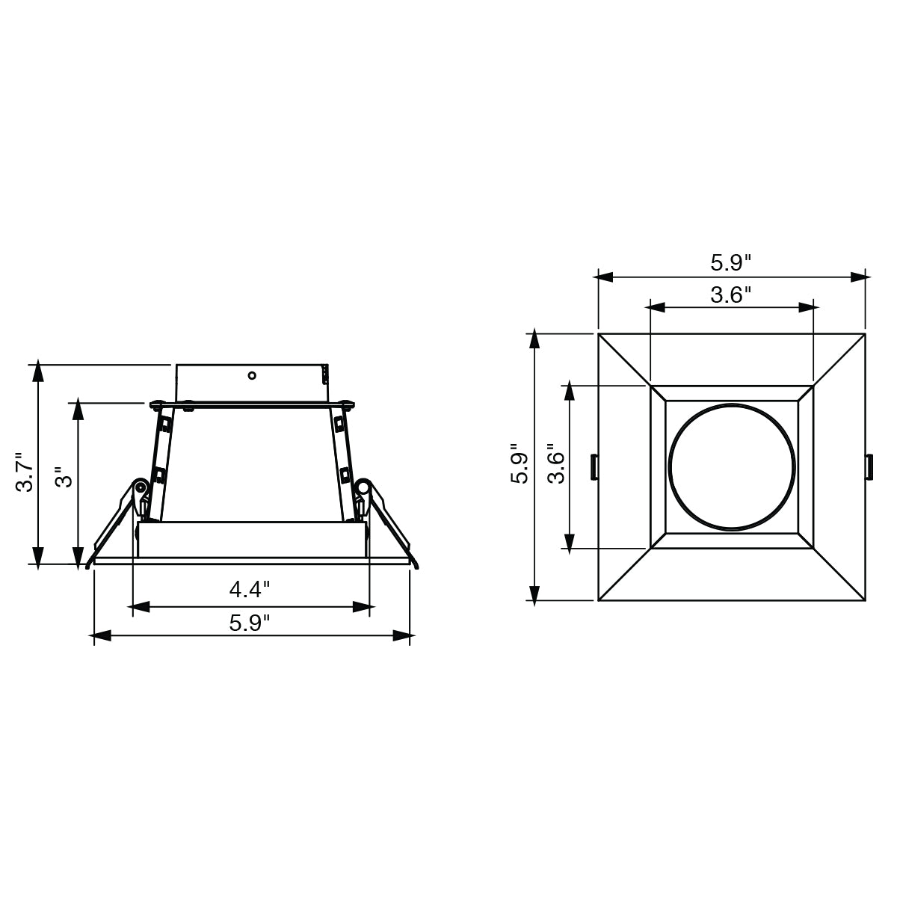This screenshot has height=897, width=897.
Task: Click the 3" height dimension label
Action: pos(64,477)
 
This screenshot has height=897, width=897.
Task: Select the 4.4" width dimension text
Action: pos(250,590)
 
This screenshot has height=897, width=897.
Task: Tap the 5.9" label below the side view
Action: pos(250,623)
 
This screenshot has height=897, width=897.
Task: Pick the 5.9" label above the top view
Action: pos(731,263)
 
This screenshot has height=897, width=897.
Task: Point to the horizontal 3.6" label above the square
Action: pos(731,295)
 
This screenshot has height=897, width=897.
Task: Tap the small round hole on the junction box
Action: pos(252,376)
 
